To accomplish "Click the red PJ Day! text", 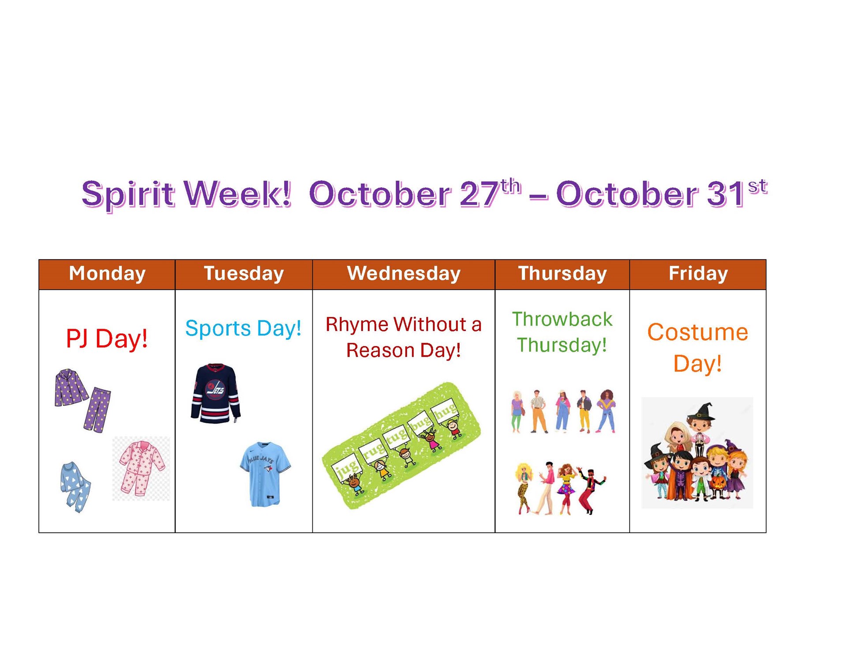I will [107, 339].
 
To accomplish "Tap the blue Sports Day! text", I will [243, 329].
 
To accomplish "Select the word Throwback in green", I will [562, 319].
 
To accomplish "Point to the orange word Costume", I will [697, 332].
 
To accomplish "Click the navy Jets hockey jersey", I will [216, 393].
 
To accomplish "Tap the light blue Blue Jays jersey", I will [265, 474].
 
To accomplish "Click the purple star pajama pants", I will [97, 410].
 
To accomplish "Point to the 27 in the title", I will [479, 194].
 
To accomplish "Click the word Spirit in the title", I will [128, 194].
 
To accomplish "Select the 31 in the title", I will [726, 194].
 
